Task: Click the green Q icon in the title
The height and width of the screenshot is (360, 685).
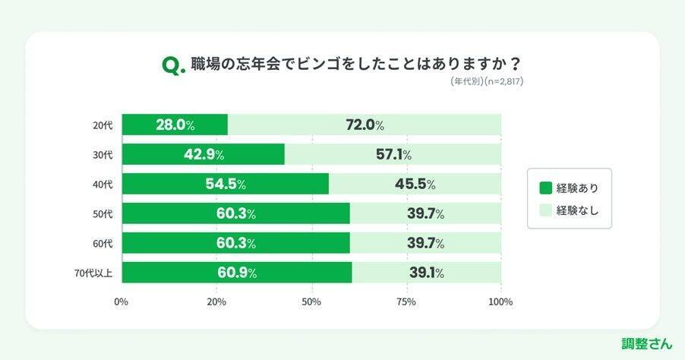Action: click(172, 67)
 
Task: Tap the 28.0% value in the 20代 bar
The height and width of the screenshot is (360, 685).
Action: click(175, 125)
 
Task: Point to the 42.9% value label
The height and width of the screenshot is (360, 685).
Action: click(204, 154)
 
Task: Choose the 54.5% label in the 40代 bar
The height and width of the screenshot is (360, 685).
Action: click(226, 184)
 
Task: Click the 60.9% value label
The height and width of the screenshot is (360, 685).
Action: click(236, 273)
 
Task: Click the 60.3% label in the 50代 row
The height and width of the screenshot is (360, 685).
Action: click(236, 213)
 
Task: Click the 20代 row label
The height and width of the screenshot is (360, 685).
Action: click(103, 125)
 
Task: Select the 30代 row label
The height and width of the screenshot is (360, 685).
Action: click(103, 154)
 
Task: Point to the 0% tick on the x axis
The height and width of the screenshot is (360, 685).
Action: click(122, 302)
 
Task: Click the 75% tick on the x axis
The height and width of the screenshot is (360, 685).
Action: click(406, 302)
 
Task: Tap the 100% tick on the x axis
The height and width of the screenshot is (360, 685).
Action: click(500, 302)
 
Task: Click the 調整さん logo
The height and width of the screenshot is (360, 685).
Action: click(647, 343)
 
